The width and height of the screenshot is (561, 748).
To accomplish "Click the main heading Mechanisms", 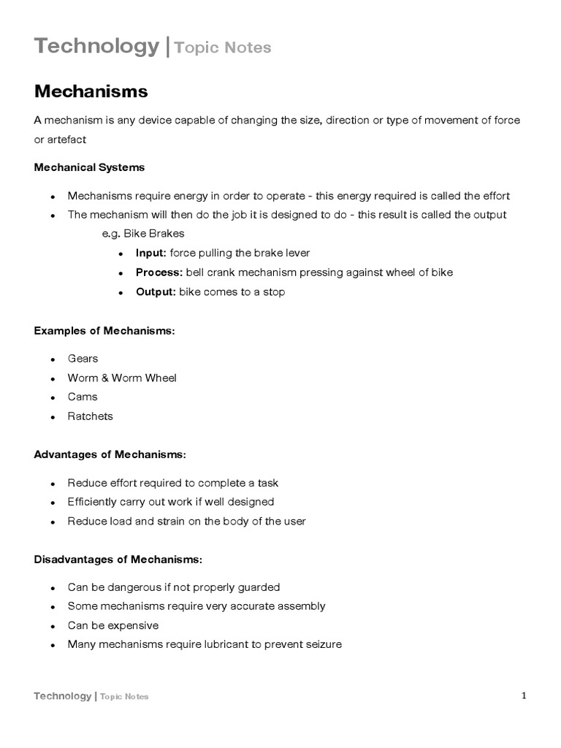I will [x=91, y=91].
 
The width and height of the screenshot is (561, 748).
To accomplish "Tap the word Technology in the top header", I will [x=96, y=46].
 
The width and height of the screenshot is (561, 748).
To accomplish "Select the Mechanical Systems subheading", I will [x=89, y=167].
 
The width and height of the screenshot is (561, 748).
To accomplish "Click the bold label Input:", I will [x=151, y=253].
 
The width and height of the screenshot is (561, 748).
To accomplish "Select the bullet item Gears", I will [x=83, y=359].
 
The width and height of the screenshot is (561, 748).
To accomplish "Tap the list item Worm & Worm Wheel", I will [x=122, y=378].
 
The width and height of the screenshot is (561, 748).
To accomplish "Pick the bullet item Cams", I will [x=83, y=397].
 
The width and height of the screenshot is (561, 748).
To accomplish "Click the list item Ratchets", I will [x=91, y=416].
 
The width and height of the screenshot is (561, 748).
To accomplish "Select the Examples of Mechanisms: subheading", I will [x=104, y=331].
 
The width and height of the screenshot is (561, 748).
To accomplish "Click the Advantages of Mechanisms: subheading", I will [x=110, y=455].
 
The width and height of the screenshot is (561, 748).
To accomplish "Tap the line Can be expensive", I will [x=113, y=625].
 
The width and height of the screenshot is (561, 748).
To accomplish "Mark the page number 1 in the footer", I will [x=524, y=695].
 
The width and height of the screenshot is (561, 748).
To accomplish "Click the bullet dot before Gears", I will [x=53, y=359].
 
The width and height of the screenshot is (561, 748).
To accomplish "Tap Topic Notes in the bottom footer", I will [x=124, y=697].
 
